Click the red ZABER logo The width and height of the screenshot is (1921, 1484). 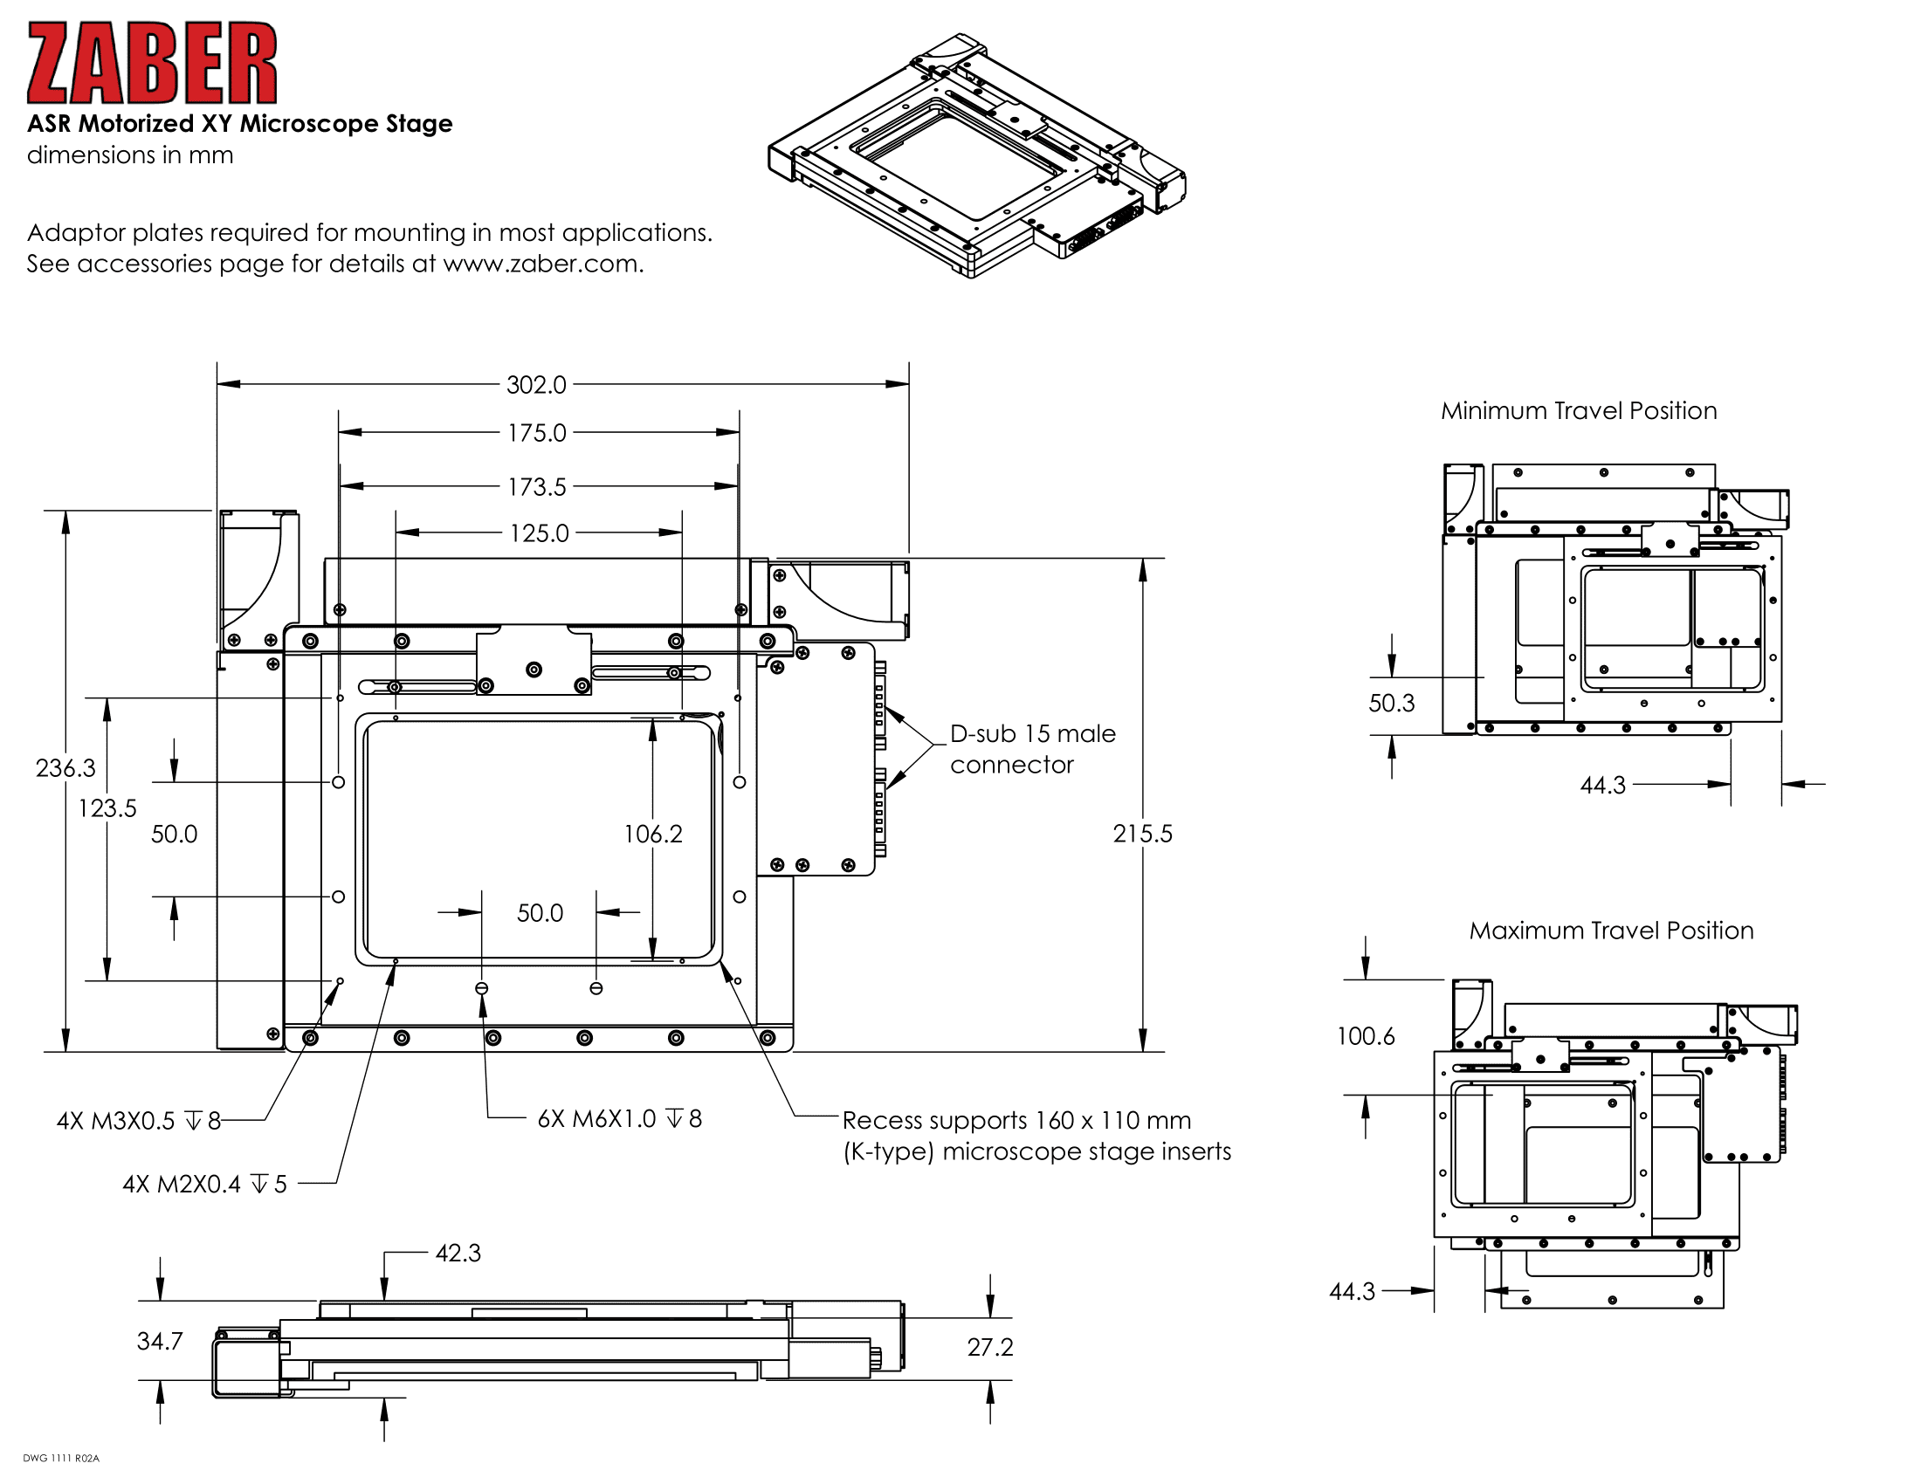pos(151,64)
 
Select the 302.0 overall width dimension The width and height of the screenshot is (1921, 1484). pos(535,385)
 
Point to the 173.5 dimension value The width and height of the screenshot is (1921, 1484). pos(536,487)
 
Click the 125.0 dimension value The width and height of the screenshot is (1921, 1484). pos(539,533)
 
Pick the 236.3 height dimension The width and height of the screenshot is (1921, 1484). pos(65,768)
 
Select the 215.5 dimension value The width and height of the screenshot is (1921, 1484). pos(1142,834)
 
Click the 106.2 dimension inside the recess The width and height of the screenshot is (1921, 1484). pos(652,835)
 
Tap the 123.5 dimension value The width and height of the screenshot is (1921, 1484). pos(107,809)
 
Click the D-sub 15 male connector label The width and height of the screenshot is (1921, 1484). pos(1032,749)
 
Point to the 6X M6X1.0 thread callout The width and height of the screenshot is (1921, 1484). pos(619,1119)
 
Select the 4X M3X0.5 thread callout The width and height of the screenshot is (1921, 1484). pos(138,1121)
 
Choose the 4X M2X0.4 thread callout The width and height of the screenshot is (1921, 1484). pos(204,1185)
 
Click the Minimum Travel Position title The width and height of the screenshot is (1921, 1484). pos(1578,411)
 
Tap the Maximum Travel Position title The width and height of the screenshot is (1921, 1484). pos(1610,931)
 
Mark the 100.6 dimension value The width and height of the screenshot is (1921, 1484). pos(1365,1036)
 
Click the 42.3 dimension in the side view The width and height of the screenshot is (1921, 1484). pos(458,1254)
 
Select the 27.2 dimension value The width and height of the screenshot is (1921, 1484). pos(989,1348)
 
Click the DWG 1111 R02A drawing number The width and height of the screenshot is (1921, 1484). pos(61,1459)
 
